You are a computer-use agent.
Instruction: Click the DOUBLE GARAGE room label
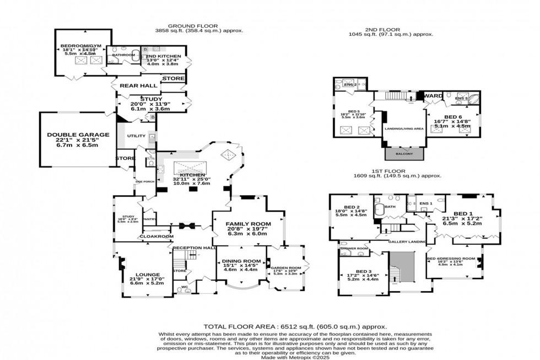coord(78,135)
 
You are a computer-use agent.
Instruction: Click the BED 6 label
coord(453,117)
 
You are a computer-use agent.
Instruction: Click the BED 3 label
coord(364,272)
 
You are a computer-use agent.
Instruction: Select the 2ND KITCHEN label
coord(165,56)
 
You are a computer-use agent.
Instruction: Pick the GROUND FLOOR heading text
coord(193,26)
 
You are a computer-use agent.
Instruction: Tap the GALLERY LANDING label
coord(407,242)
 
